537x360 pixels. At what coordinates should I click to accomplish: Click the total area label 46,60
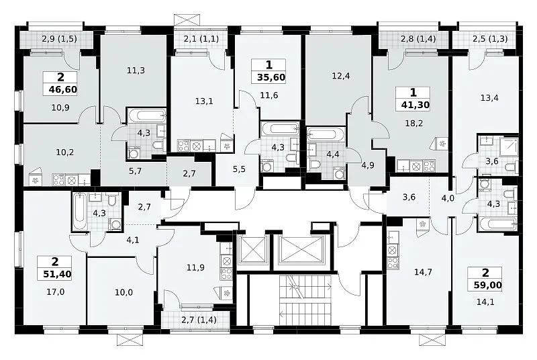click(63, 90)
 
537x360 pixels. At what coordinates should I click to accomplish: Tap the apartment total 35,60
click(271, 77)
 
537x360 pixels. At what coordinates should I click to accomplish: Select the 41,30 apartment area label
click(416, 105)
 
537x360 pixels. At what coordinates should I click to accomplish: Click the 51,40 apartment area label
click(58, 274)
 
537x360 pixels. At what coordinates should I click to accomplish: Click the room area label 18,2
click(414, 124)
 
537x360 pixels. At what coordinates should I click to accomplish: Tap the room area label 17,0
click(56, 292)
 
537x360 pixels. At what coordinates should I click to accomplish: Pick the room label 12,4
click(341, 76)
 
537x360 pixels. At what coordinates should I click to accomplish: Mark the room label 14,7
click(423, 272)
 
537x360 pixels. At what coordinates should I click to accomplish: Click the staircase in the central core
click(305, 300)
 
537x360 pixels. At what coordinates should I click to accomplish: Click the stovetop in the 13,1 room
click(183, 146)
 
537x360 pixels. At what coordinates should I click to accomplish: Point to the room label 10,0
click(124, 293)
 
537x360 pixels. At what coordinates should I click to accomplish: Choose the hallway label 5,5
click(239, 169)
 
